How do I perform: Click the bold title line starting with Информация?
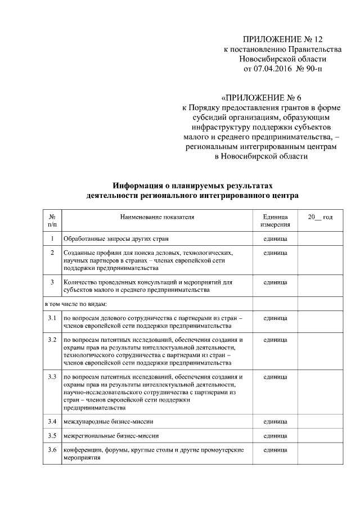(189, 185)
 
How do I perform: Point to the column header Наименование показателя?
(156, 217)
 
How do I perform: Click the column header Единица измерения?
(275, 220)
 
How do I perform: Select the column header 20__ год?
(319, 217)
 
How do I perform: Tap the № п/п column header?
(52, 220)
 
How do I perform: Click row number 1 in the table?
(52, 239)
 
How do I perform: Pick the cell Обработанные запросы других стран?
(116, 239)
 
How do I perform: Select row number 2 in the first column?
(52, 253)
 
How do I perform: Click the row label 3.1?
(52, 318)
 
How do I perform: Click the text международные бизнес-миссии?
(109, 421)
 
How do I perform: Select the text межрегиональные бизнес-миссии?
(111, 435)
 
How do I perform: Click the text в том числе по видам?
(75, 304)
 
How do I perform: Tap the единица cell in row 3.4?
(275, 421)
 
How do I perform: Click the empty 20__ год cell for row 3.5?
(319, 435)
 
